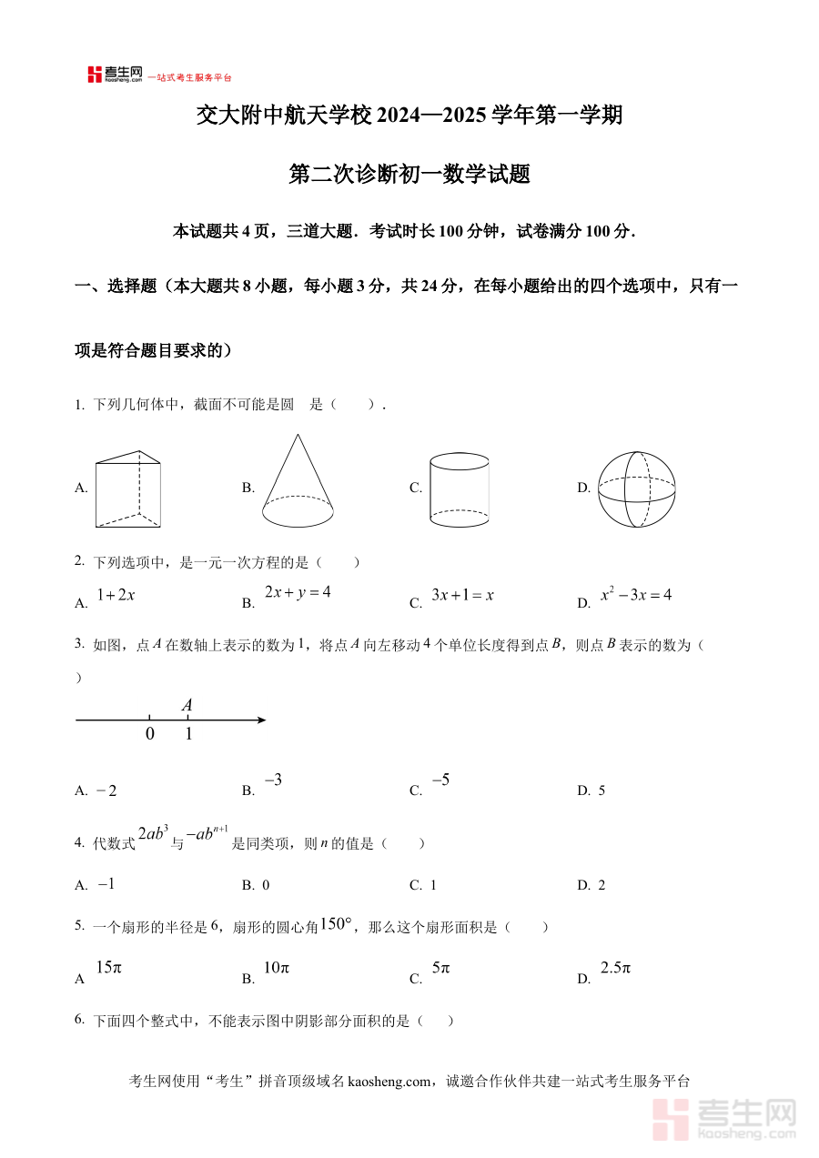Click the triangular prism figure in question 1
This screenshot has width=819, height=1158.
pos(128,488)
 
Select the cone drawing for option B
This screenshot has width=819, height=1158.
pos(297,482)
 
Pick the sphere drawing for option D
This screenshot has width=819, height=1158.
pos(636,488)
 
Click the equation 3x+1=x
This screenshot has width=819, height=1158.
pos(462,595)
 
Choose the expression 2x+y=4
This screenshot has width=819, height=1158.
pos(298,592)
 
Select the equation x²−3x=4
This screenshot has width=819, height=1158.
pos(636,595)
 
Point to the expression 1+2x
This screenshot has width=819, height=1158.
pos(116,595)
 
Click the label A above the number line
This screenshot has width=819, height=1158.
pos(187,705)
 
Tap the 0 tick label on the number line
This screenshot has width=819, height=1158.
pos(150,734)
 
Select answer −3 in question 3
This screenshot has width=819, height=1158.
pos(273,780)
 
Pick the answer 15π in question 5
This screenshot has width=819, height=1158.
pos(108,968)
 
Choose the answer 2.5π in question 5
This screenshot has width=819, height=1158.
pos(615,968)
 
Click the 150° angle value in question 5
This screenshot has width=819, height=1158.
pos(335,924)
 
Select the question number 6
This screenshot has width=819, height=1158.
pos(79,1020)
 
